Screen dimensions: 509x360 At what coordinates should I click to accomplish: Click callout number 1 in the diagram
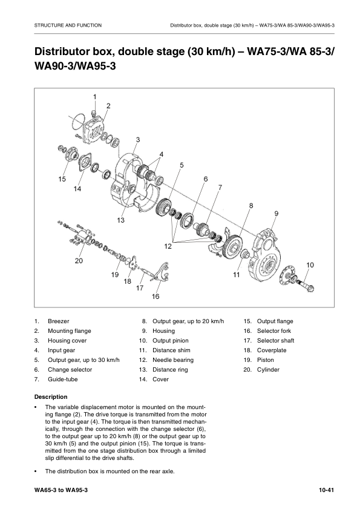[95, 97]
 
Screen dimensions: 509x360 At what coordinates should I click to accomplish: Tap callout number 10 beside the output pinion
[310, 264]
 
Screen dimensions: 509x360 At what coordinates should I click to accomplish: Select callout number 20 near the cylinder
[79, 261]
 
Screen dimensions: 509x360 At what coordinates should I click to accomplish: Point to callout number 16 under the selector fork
[155, 297]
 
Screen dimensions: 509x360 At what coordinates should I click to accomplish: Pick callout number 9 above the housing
[276, 214]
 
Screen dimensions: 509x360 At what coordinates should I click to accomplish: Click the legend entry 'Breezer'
[58, 321]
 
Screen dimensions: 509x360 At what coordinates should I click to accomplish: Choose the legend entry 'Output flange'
[275, 321]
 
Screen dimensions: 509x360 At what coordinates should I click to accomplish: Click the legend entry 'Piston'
[266, 360]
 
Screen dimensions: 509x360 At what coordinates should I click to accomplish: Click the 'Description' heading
[51, 396]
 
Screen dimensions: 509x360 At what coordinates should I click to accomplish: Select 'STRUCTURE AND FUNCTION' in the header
[68, 25]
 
